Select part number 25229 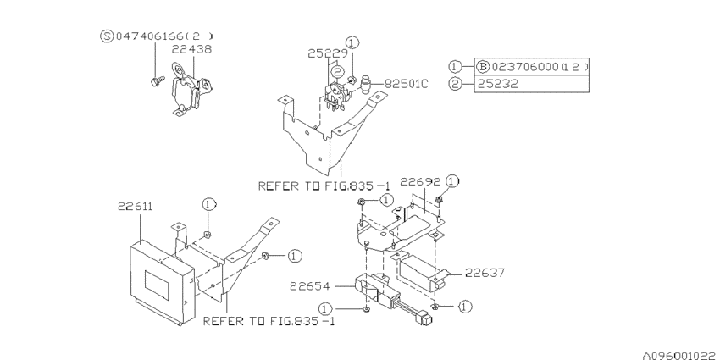click(x=325, y=53)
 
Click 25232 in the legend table click(x=495, y=85)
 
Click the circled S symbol click(x=106, y=36)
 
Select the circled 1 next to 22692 click(x=452, y=181)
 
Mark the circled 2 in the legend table click(x=456, y=85)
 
